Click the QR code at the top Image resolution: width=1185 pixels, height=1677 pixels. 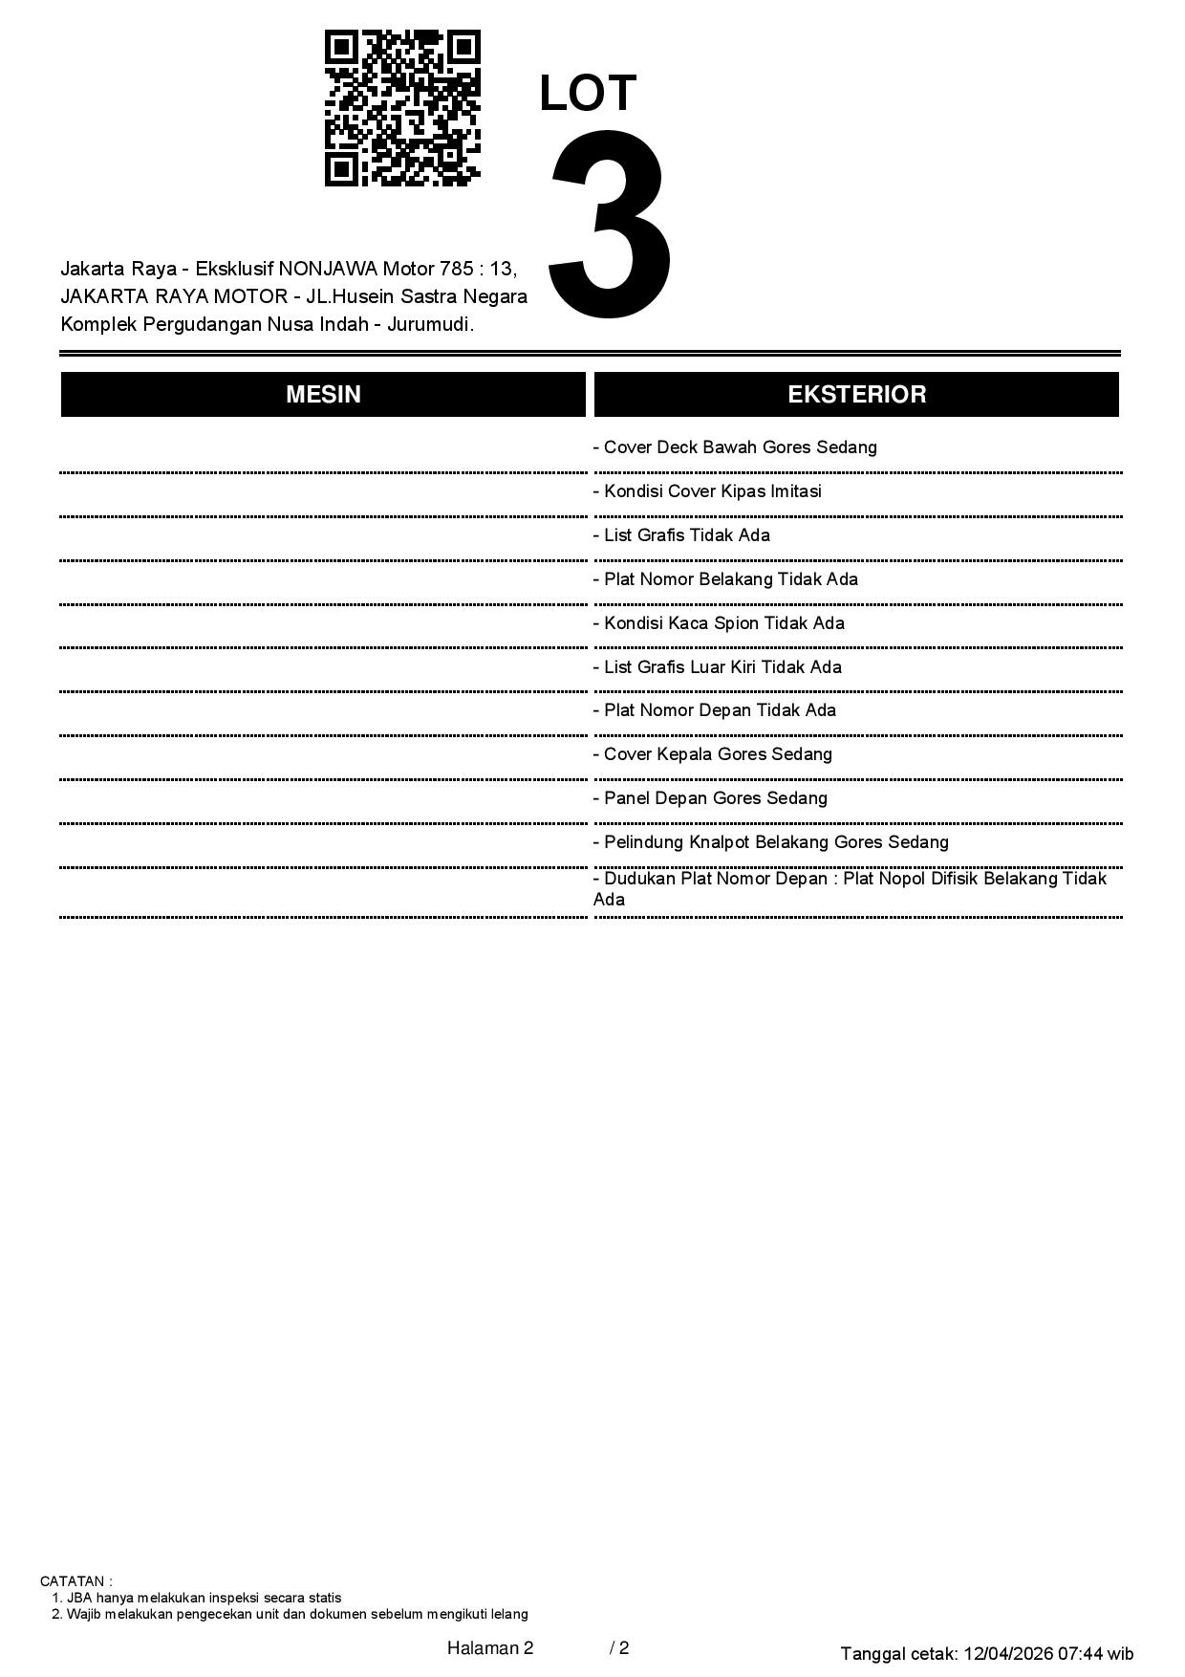click(x=402, y=108)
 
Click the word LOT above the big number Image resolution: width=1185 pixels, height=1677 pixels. click(x=588, y=94)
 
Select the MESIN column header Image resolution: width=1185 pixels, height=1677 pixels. click(x=323, y=395)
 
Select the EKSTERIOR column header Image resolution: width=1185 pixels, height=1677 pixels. click(x=856, y=395)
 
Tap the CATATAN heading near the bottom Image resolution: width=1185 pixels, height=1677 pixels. click(x=75, y=1581)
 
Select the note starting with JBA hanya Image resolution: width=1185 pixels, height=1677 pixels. click(x=197, y=1598)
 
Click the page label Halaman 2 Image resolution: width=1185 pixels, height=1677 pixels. click(x=489, y=1648)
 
